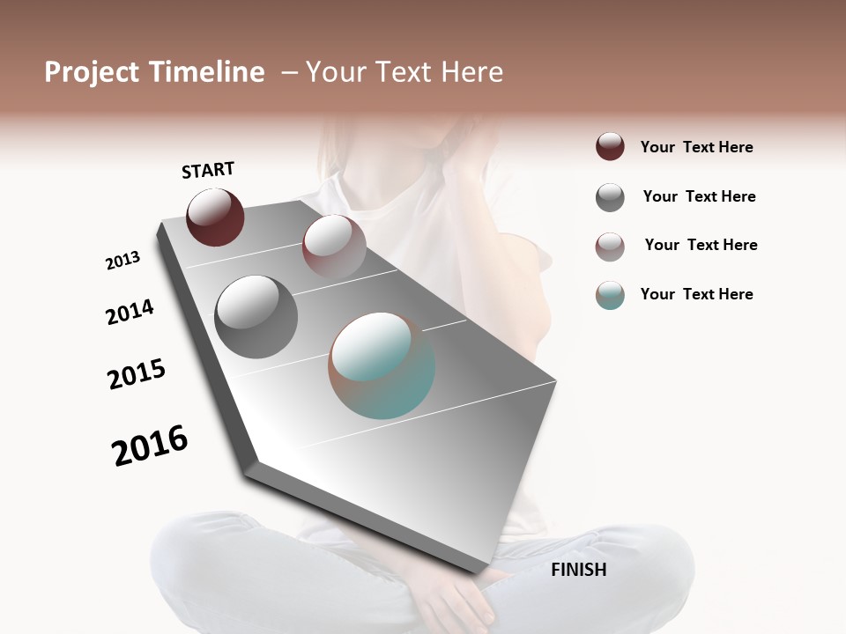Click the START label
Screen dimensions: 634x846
[208, 170]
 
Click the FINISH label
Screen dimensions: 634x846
[578, 570]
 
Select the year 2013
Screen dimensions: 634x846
[122, 261]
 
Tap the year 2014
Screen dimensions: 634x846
[130, 312]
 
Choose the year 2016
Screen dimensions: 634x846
[150, 446]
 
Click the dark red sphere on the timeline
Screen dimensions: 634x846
[215, 217]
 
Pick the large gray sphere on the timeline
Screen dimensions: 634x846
[256, 317]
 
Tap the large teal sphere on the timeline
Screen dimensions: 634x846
[382, 365]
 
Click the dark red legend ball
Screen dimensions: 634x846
[610, 146]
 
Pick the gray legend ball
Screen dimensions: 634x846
[610, 196]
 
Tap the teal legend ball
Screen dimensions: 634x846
[610, 295]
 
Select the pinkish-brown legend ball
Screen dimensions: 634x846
[610, 246]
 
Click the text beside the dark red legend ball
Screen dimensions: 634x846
[696, 147]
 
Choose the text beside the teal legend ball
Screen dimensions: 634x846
[696, 294]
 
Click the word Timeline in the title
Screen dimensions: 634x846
[207, 72]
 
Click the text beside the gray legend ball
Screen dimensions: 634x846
[699, 196]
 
